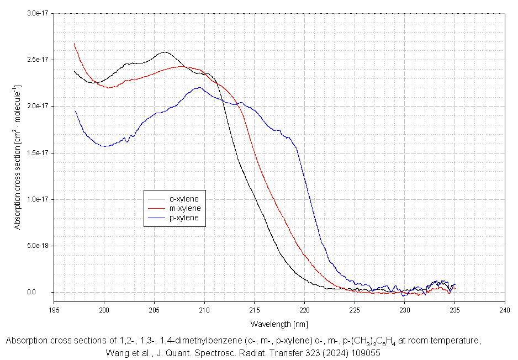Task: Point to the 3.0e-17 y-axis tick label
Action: click(39, 13)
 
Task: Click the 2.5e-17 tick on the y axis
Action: click(39, 59)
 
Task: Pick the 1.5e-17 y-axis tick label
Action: click(39, 152)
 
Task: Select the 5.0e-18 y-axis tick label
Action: click(39, 246)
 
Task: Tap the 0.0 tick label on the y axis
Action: click(45, 292)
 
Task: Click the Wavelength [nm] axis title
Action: click(279, 324)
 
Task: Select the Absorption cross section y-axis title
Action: click(18, 157)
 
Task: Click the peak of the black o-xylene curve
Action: click(165, 52)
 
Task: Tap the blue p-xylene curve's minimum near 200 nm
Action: click(104, 146)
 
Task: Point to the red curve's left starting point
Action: click(74, 43)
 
